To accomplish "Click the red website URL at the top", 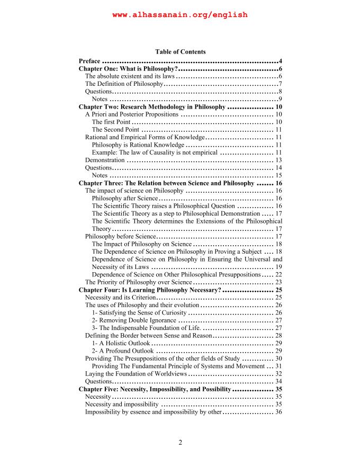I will (x=180, y=15).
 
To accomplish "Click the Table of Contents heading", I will (x=180, y=52).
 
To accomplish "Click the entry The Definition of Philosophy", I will (x=124, y=84).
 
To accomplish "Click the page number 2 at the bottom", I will (x=180, y=443).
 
